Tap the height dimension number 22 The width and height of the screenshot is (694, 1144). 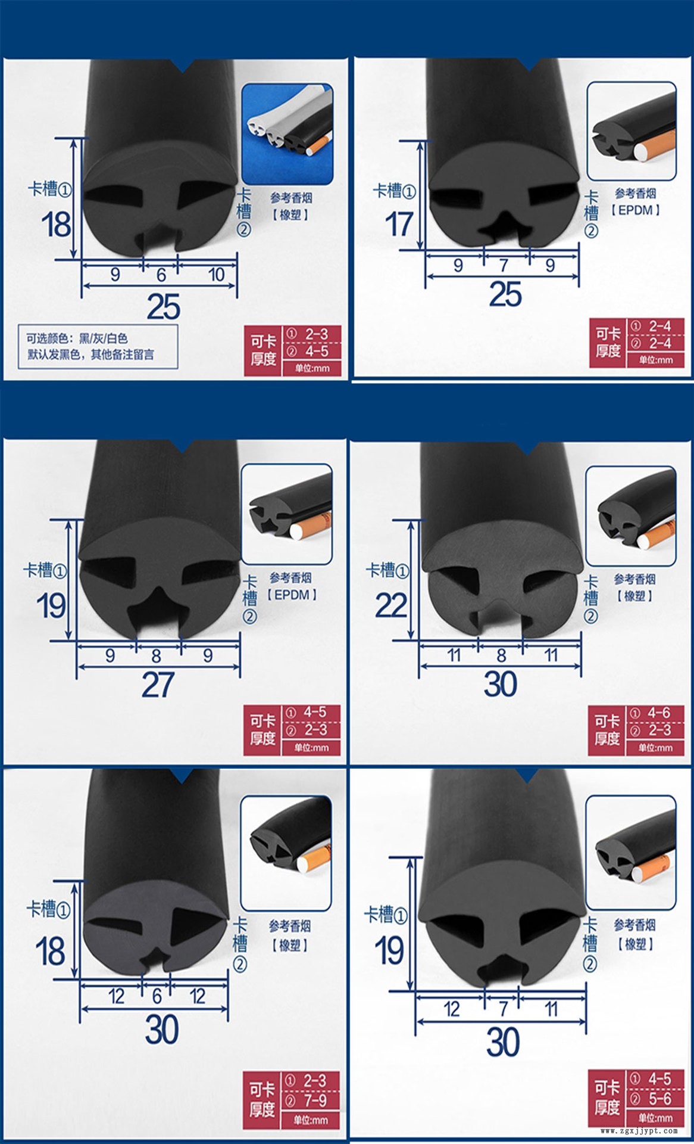coord(391,605)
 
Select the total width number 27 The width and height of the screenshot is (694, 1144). coord(158,685)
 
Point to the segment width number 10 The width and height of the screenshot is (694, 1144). coord(216,275)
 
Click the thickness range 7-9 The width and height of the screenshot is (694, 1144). coord(315,1099)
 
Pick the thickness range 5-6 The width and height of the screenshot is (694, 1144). coord(659,1098)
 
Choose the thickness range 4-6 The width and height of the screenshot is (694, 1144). coord(659,713)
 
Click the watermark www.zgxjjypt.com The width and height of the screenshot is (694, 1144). coord(639,1130)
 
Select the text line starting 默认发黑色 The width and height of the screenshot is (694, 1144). coord(90,355)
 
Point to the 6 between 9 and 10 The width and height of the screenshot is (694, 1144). coord(161,275)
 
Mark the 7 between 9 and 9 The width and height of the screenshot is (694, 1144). coord(504,265)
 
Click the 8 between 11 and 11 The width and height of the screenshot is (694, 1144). coord(501,655)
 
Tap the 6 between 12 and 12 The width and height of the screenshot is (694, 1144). coord(157,996)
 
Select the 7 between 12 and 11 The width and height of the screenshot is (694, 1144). coord(504,1009)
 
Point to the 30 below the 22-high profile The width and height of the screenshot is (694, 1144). coord(500,684)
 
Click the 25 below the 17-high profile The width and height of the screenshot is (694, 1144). coord(505,294)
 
